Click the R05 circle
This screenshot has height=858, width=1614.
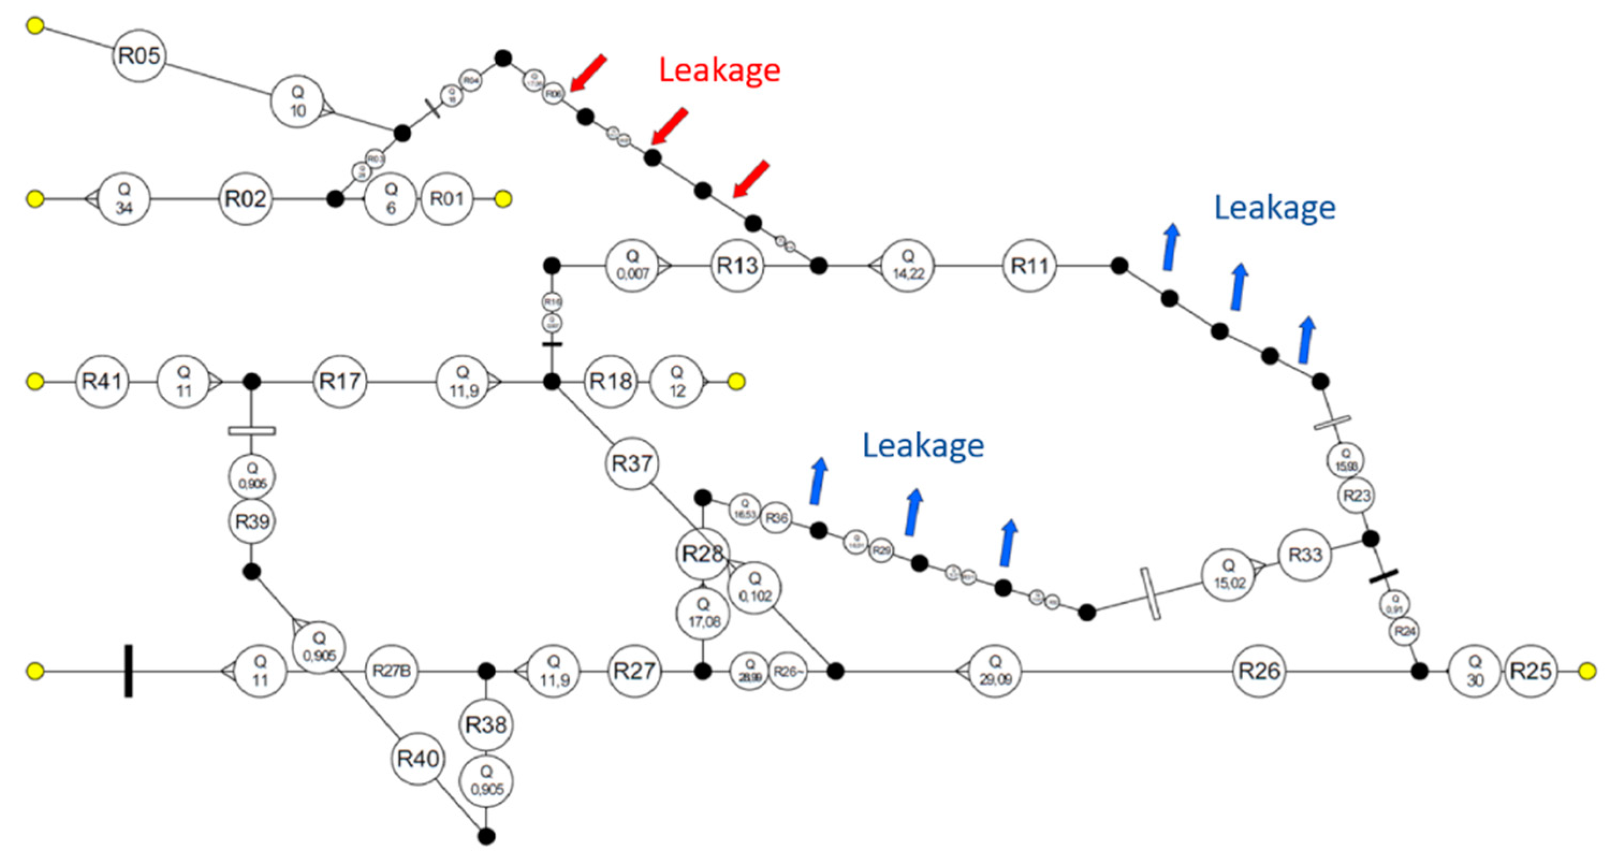coord(139,55)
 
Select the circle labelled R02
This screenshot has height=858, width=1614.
coord(246,199)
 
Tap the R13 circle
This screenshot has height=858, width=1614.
coord(737,265)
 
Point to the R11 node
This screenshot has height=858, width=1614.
coord(1030,265)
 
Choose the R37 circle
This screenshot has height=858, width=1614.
coord(632,463)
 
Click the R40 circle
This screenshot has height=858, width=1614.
coord(419,759)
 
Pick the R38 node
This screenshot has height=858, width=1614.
coord(486,724)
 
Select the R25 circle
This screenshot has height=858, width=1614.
coord(1531,671)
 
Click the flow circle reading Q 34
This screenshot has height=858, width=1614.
coord(124,199)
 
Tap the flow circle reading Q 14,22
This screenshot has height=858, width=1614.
coord(908,265)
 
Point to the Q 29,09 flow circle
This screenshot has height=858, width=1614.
coord(995,671)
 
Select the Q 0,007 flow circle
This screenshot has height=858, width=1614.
coord(633,265)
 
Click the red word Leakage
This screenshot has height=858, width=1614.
coord(720,70)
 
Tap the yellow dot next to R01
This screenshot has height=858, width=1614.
coord(503,199)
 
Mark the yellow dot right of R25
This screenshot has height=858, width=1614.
coord(1587,671)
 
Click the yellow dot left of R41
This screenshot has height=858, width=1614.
coord(35,381)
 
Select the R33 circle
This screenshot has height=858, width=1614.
coord(1305,554)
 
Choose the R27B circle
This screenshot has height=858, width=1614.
coord(392,671)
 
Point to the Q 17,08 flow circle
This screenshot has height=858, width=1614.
coord(703,613)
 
